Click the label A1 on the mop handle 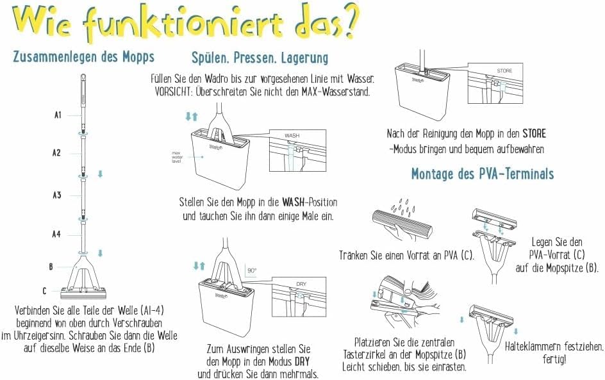pos(58,115)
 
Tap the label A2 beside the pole pos(56,153)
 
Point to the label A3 pos(57,195)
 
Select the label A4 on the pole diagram pos(56,234)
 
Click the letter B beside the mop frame pos(51,267)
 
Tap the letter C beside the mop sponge pos(44,290)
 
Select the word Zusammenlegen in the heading pos(55,56)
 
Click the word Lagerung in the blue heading pos(305,58)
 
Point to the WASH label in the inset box pos(292,135)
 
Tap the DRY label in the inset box pos(301,283)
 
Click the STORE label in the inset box pos(504,70)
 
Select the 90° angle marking pos(252,270)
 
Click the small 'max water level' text pos(177,157)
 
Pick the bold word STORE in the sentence pos(535,134)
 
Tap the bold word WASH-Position pos(310,202)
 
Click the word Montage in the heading pos(432,174)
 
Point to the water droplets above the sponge pos(403,207)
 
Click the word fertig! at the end pos(554,359)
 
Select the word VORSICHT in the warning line pos(173,92)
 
